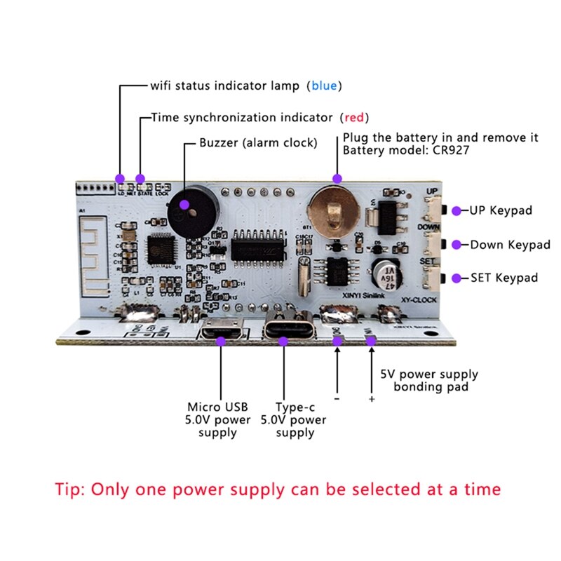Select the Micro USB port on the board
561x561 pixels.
coord(220,332)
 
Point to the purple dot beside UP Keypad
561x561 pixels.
coord(456,210)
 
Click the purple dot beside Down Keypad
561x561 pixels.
coord(456,245)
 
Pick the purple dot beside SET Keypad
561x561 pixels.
coord(456,278)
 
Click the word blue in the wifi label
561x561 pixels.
coord(324,86)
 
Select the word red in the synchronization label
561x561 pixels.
coord(354,117)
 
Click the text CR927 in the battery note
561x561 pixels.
coord(448,150)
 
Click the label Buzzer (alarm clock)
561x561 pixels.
coord(258,142)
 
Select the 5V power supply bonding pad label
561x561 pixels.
coord(429,380)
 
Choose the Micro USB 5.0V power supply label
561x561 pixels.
coord(218,419)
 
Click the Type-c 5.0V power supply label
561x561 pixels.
coord(293,419)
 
